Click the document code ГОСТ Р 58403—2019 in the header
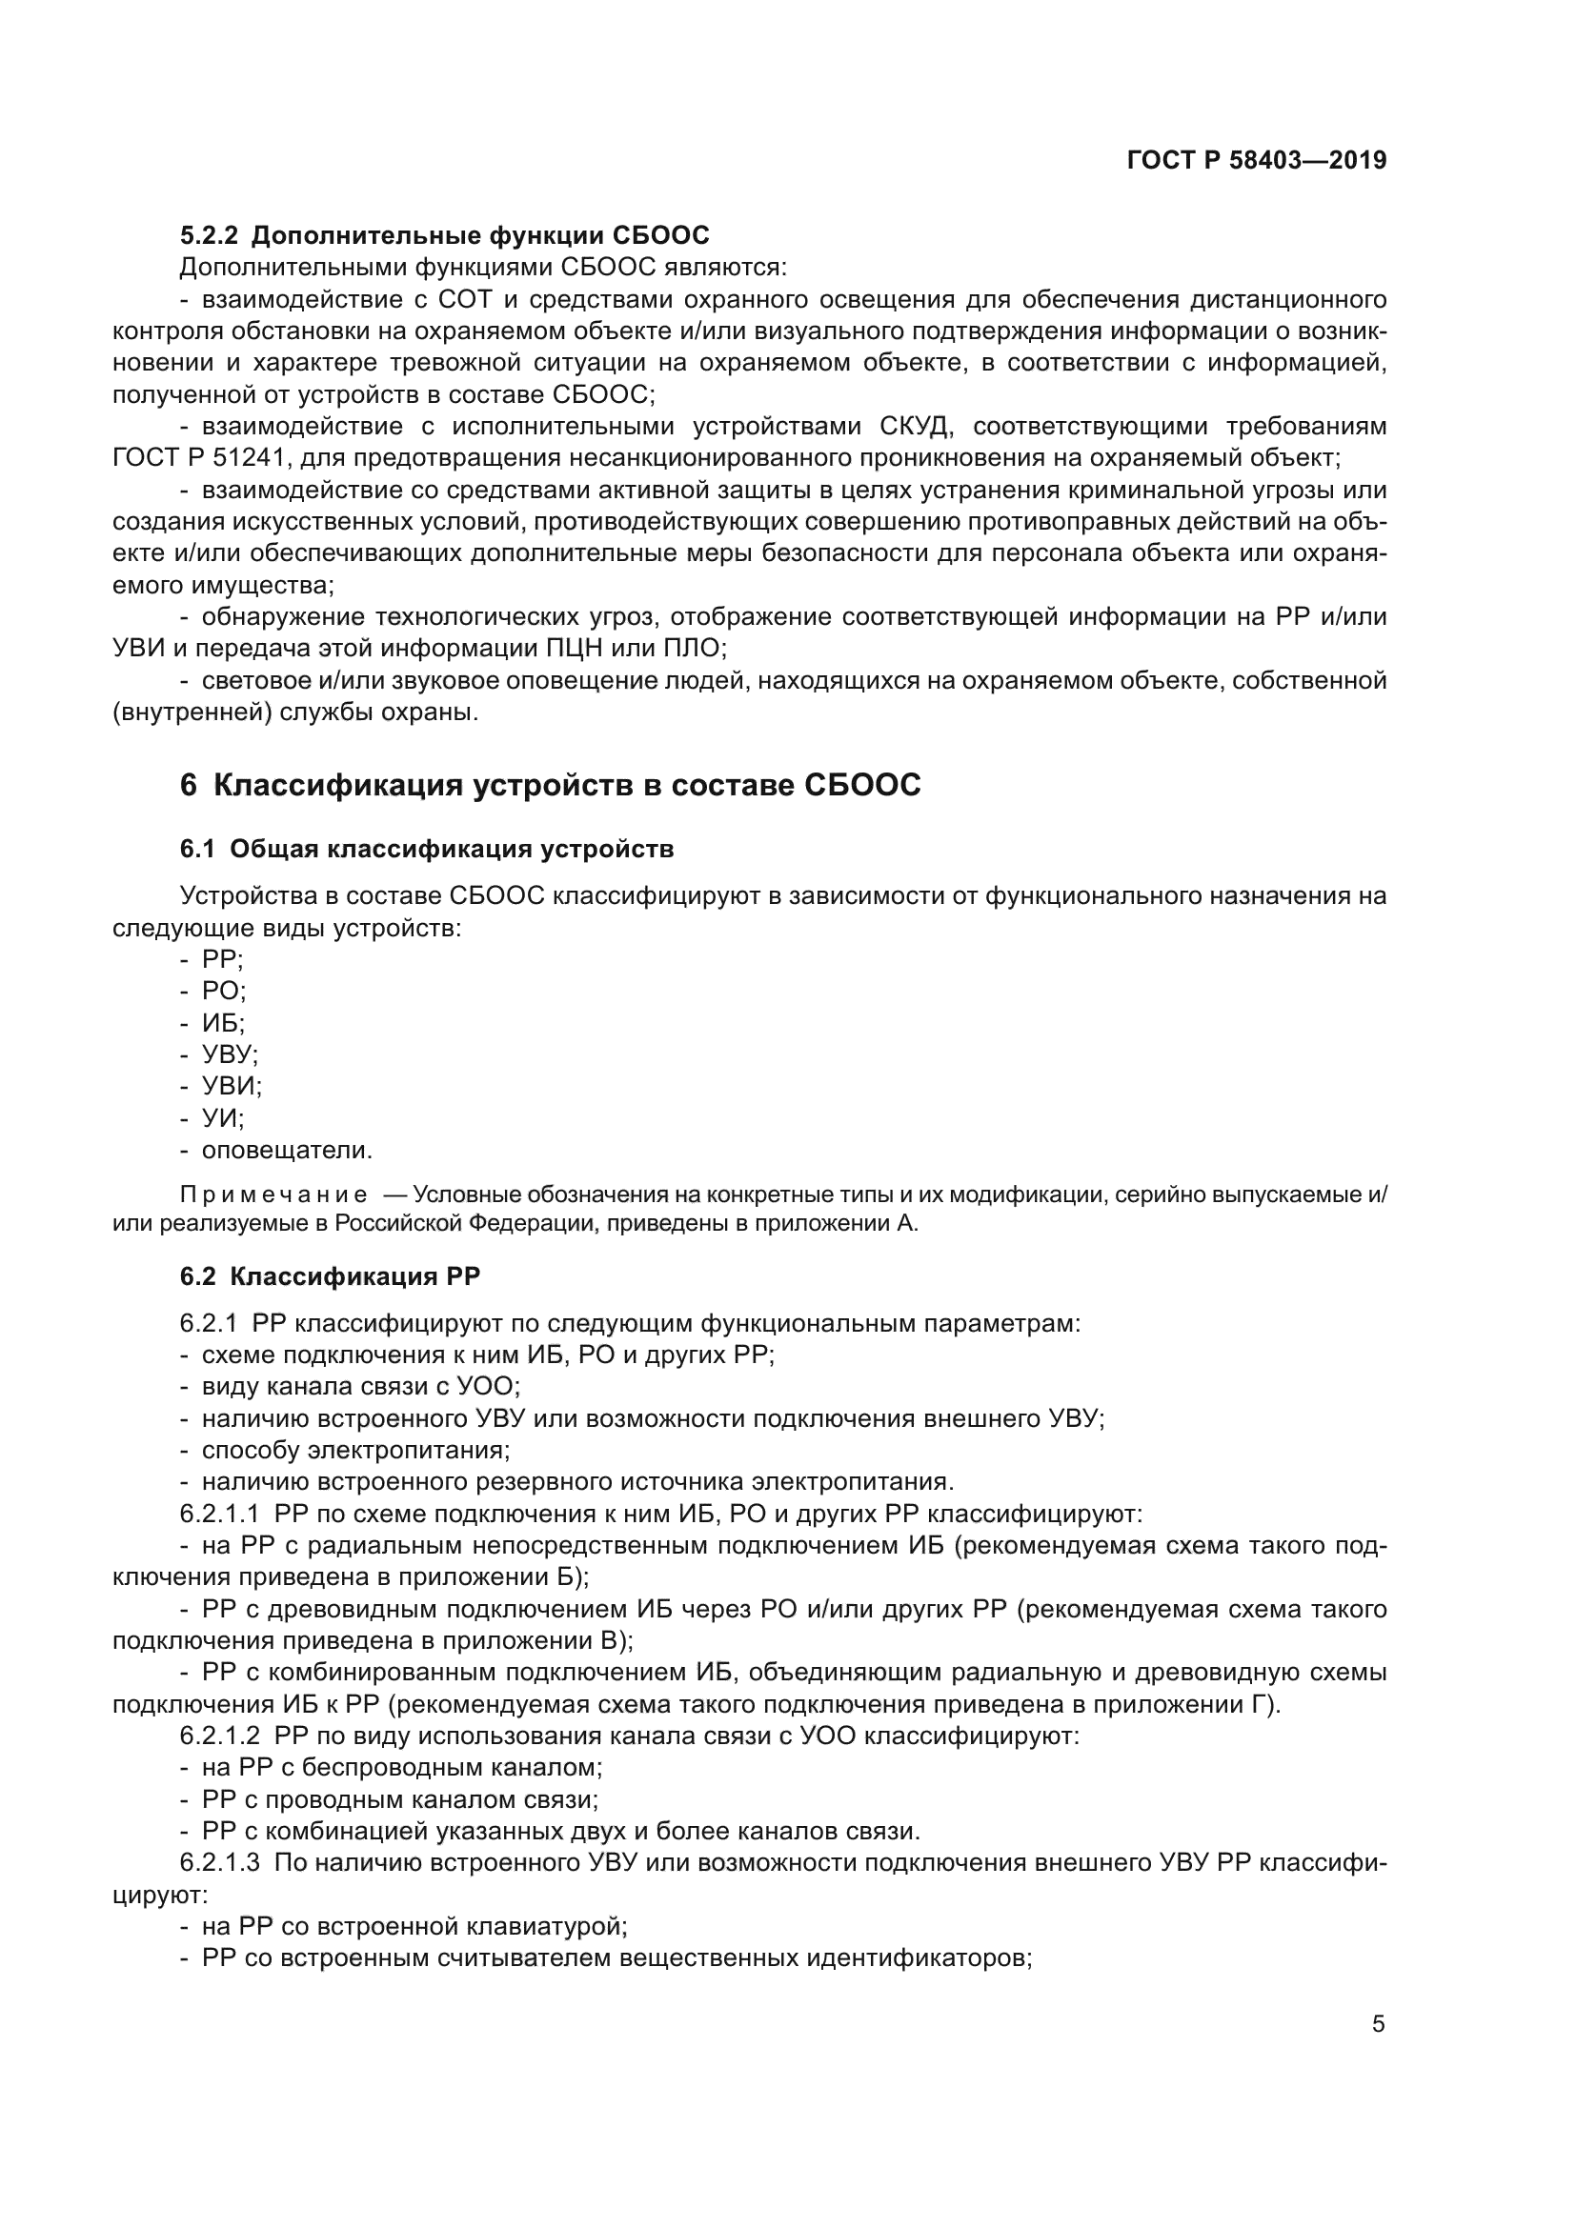tap(1256, 161)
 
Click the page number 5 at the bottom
tap(1378, 2024)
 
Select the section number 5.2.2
tap(209, 236)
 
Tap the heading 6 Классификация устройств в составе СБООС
tap(549, 785)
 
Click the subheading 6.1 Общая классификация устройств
tap(426, 849)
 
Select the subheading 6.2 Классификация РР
tap(329, 1276)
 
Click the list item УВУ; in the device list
tap(229, 1054)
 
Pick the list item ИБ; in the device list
tap(222, 1023)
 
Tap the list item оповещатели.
tap(286, 1150)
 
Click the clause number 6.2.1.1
tap(219, 1514)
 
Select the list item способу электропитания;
tap(355, 1450)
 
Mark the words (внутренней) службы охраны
tap(295, 713)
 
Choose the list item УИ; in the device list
tap(222, 1118)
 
